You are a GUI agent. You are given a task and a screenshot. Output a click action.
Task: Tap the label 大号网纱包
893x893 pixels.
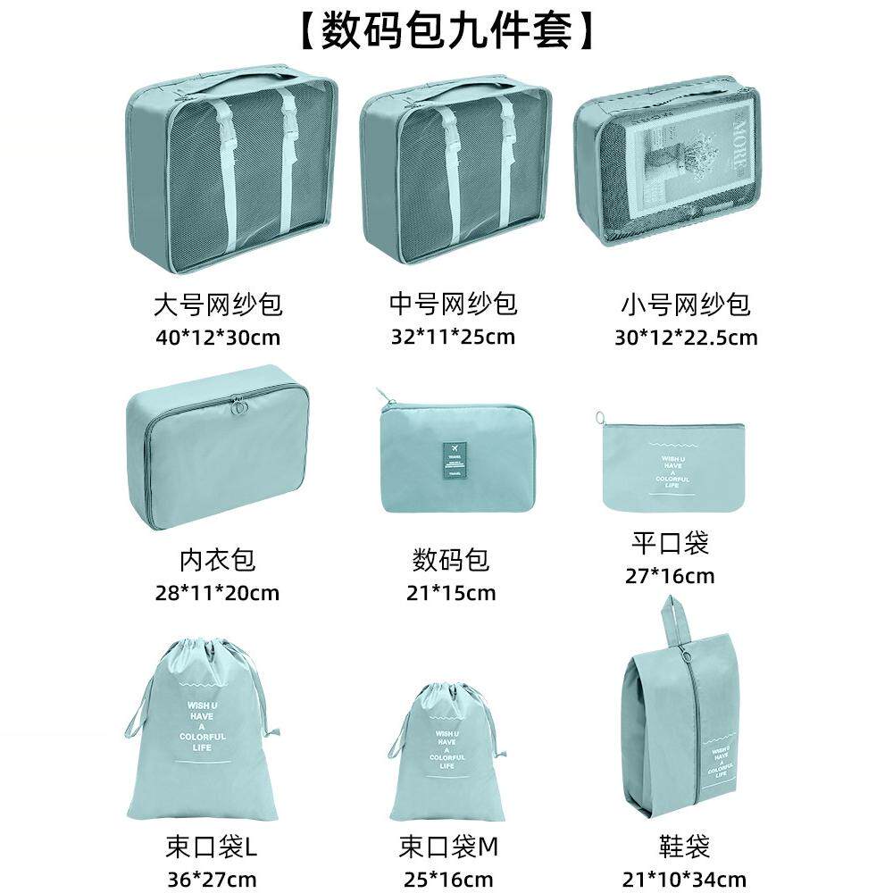[218, 305]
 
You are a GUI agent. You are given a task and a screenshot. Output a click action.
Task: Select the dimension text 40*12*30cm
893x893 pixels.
[218, 338]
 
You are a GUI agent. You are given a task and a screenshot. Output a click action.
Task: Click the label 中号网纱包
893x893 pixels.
[453, 305]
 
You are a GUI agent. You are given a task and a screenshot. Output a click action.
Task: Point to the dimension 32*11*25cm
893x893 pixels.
[453, 337]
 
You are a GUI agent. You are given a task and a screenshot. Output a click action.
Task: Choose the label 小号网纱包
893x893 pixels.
[685, 305]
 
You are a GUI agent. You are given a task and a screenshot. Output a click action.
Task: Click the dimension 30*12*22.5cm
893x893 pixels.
[686, 338]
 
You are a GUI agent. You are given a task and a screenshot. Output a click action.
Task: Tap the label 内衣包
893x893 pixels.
[217, 560]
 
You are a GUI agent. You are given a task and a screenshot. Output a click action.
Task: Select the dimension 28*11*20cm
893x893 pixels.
[217, 592]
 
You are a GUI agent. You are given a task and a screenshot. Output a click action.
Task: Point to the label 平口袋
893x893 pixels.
[670, 542]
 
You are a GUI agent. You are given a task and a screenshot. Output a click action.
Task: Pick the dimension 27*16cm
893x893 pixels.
[670, 575]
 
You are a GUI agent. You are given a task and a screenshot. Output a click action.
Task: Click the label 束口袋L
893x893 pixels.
[211, 845]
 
